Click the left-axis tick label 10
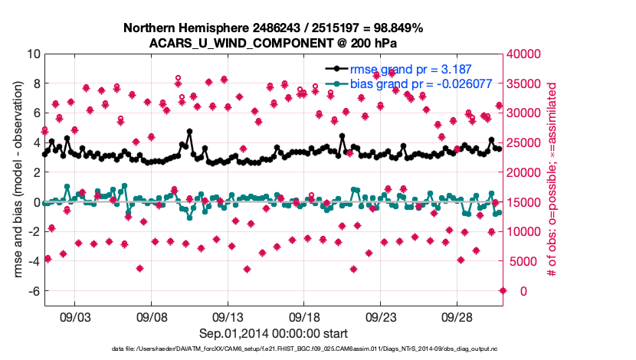(x=33, y=54)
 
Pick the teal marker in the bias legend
(x=336, y=84)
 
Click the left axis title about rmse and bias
(x=16, y=173)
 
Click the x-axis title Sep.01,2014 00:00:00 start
(x=274, y=333)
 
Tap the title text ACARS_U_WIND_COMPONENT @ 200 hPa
(x=274, y=43)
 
